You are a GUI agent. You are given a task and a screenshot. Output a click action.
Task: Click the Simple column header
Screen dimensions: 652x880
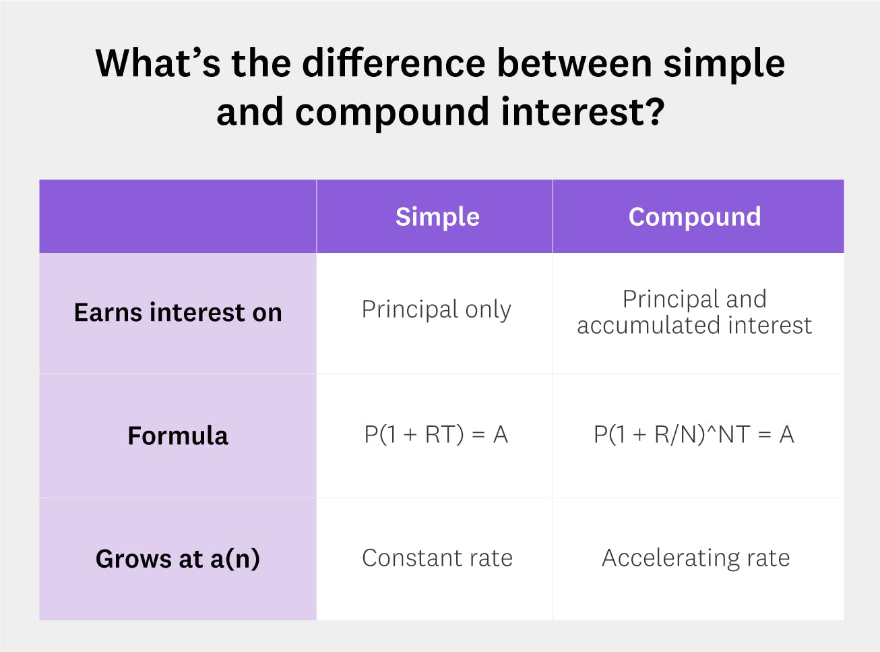point(437,217)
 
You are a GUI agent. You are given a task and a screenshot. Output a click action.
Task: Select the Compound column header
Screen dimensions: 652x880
point(695,217)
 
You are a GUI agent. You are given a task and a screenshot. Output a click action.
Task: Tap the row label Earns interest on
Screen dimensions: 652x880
point(178,313)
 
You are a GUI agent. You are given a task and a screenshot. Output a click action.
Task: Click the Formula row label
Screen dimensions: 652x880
point(178,436)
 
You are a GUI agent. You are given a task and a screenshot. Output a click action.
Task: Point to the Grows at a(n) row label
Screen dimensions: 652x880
point(178,559)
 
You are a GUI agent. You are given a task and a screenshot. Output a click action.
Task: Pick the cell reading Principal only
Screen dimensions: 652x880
point(437,309)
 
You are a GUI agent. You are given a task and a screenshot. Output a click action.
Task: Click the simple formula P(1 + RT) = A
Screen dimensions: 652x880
point(436,435)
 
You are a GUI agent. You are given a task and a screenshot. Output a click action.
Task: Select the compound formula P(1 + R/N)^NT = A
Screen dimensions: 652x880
point(694,435)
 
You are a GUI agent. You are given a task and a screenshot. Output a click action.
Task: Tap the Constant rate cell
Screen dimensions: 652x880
point(437,558)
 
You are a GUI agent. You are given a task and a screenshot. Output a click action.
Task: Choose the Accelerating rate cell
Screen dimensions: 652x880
point(695,558)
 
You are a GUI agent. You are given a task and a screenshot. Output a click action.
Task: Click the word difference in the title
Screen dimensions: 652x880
point(394,63)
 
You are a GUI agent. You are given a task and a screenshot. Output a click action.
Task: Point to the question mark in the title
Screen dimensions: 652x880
point(654,112)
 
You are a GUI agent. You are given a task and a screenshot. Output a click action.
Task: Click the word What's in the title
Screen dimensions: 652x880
point(158,63)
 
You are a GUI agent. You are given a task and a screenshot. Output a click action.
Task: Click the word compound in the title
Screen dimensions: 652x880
point(391,112)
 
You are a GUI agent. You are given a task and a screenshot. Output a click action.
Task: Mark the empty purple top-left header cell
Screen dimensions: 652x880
point(178,216)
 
